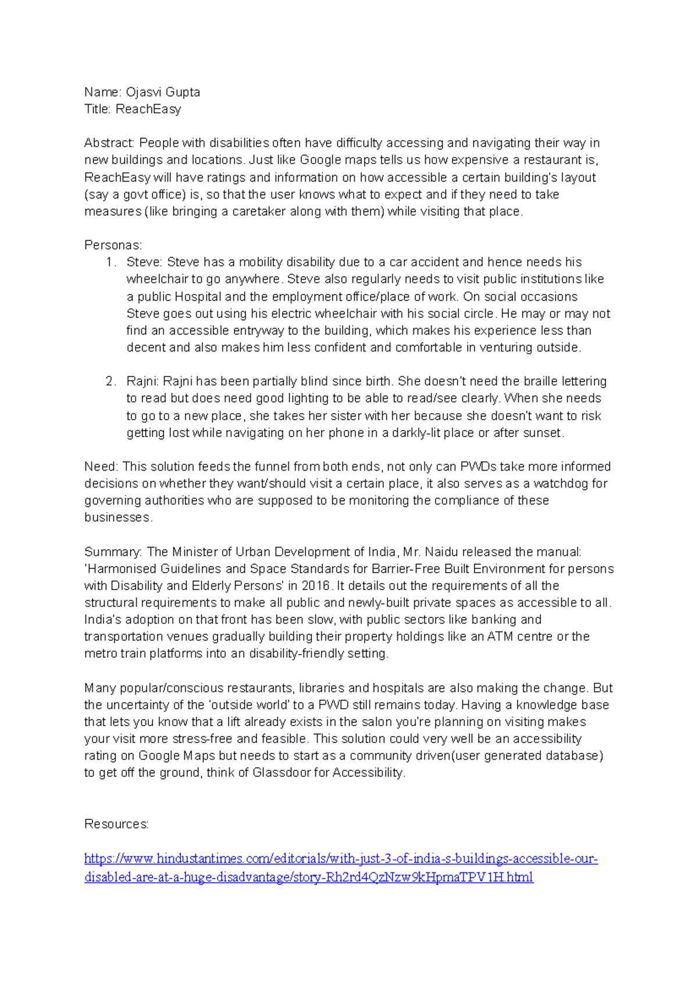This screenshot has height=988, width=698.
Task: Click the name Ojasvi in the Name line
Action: [144, 92]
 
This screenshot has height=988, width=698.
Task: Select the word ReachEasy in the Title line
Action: [148, 109]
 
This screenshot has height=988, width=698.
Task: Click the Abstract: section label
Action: [109, 143]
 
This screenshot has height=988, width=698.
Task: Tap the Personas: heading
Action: [113, 245]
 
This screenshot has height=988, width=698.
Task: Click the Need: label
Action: [101, 467]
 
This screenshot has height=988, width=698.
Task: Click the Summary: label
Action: [113, 552]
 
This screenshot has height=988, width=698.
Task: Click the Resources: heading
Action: [116, 824]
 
